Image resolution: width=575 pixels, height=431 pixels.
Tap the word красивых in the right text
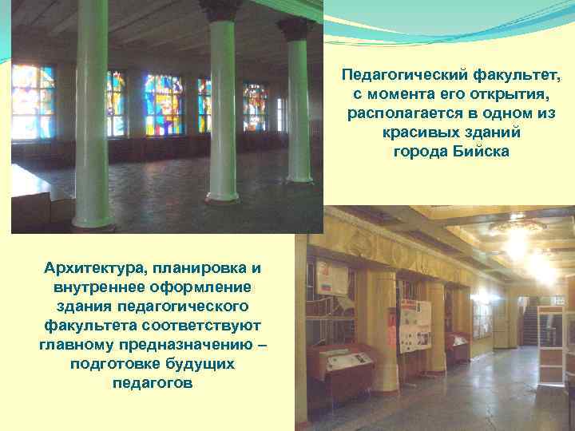pyautogui.click(x=412, y=132)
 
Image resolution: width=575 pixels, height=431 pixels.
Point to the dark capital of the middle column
pyautogui.click(x=220, y=10)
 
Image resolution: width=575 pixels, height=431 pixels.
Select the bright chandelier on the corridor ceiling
pyautogui.click(x=516, y=239)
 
